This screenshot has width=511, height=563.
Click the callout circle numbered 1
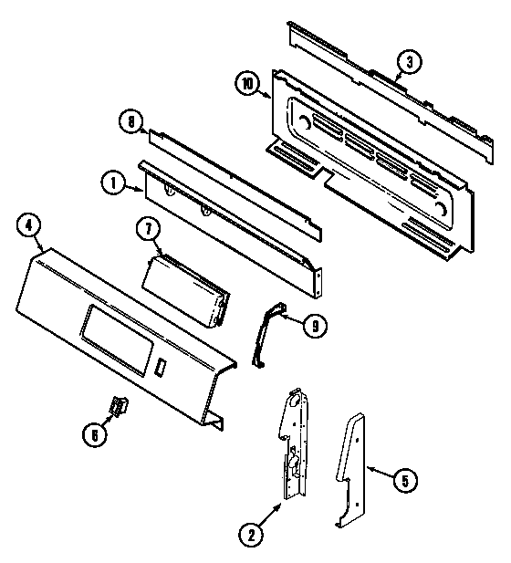(111, 183)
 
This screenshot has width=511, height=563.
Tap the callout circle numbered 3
(410, 62)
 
